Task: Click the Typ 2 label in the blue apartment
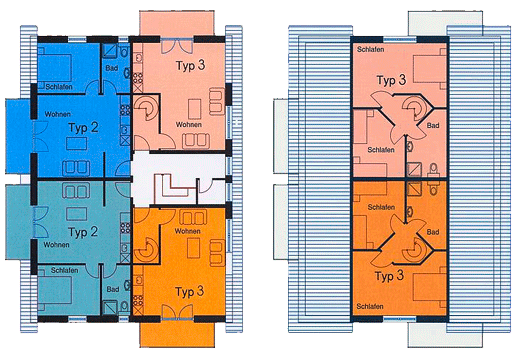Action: pos(83,127)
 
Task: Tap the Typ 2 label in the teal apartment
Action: pos(83,232)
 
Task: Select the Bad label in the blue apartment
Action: pos(112,68)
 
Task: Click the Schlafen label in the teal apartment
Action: pos(65,270)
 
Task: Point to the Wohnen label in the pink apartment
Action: pos(189,124)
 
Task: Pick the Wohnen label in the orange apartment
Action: pos(188,231)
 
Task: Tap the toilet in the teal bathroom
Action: pos(125,305)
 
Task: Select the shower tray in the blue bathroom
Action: pos(110,51)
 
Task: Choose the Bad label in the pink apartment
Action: pos(433,125)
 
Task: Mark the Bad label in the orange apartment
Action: pos(433,232)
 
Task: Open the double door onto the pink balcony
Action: pos(177,46)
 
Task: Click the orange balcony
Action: pos(177,335)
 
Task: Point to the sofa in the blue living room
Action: pos(76,168)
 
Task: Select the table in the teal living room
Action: pos(77,214)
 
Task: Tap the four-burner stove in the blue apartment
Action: pos(125,110)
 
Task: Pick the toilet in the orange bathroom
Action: pos(434,189)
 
